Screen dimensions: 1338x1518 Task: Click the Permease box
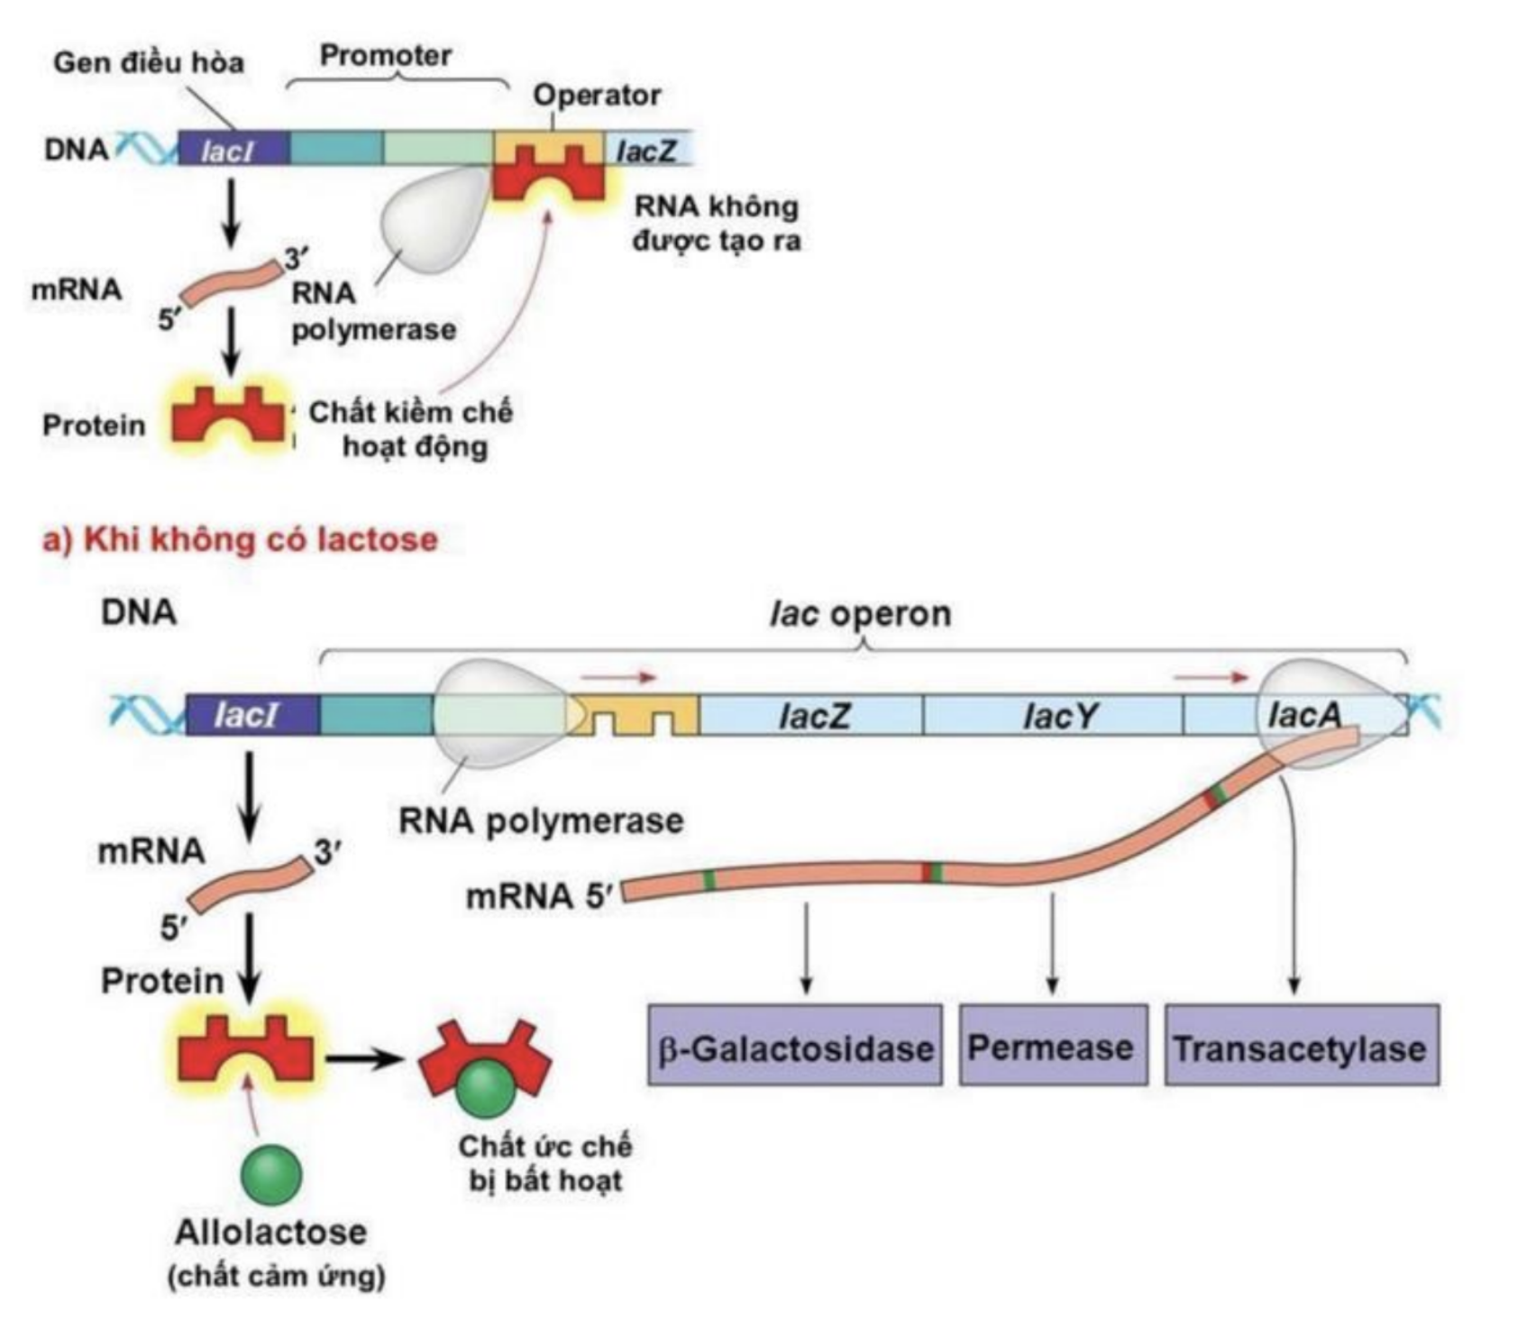pyautogui.click(x=1052, y=1046)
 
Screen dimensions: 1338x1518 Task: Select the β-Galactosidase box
pyautogui.click(x=795, y=1046)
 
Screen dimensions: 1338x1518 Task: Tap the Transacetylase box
pyautogui.click(x=1301, y=1046)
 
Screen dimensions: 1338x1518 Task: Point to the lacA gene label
pyautogui.click(x=1303, y=715)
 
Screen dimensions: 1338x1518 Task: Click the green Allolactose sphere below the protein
pyautogui.click(x=271, y=1174)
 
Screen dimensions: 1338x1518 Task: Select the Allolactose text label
pyautogui.click(x=271, y=1232)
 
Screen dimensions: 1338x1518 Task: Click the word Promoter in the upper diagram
pyautogui.click(x=386, y=56)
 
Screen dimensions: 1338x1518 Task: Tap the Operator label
pyautogui.click(x=597, y=95)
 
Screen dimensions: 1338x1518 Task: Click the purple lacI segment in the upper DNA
pyautogui.click(x=233, y=150)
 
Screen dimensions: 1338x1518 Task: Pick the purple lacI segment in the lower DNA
pyautogui.click(x=251, y=716)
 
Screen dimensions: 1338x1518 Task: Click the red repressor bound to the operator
pyautogui.click(x=548, y=175)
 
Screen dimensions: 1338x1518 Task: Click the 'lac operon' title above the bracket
pyautogui.click(x=860, y=614)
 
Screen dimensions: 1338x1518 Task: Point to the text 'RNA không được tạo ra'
pyautogui.click(x=717, y=224)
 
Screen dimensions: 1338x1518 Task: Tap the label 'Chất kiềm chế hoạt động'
pyautogui.click(x=411, y=429)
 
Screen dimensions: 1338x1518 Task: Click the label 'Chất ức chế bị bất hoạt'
pyautogui.click(x=545, y=1163)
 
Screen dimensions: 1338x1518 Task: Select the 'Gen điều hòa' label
pyautogui.click(x=149, y=62)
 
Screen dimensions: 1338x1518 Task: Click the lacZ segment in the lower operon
pyautogui.click(x=811, y=716)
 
